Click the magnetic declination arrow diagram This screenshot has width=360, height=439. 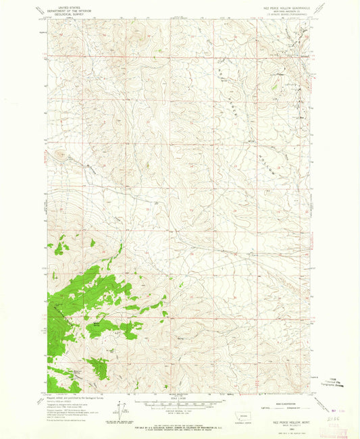pyautogui.click(x=122, y=408)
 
